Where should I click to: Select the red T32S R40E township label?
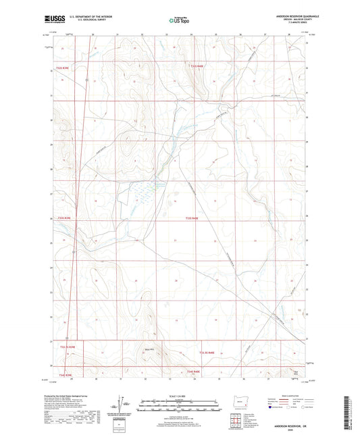click(193, 217)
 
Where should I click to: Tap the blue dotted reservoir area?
click(145, 193)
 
